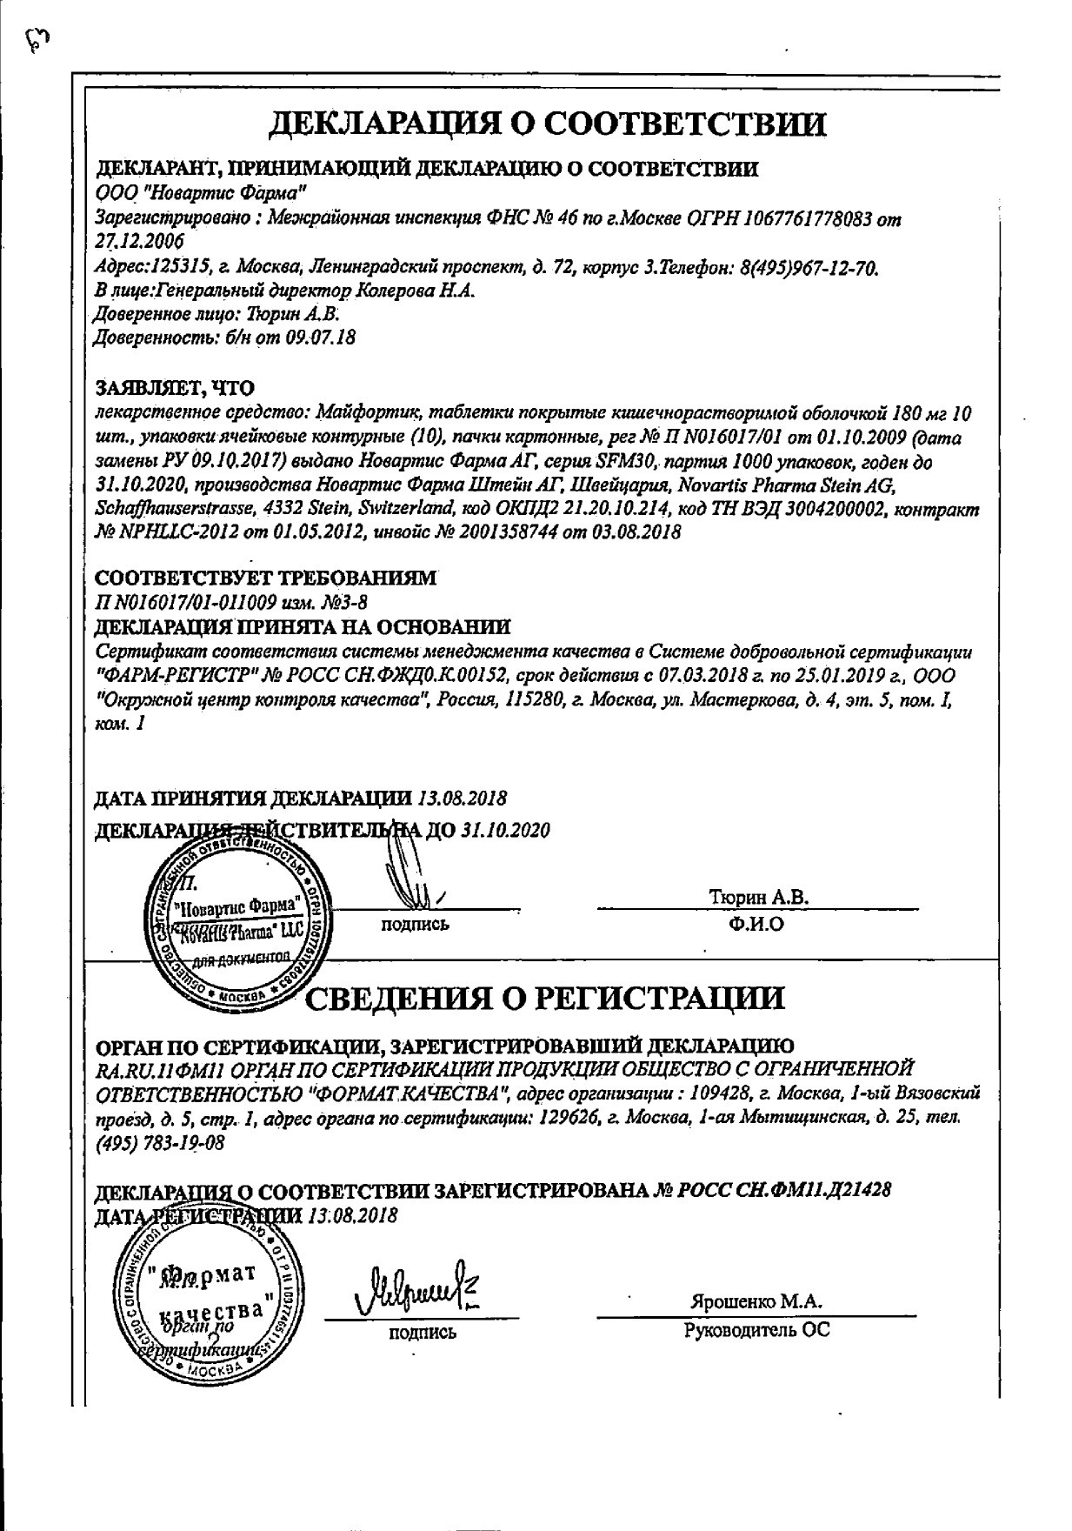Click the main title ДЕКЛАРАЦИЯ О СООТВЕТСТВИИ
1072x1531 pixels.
click(547, 124)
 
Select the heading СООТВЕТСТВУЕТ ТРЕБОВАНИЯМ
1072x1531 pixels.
click(264, 578)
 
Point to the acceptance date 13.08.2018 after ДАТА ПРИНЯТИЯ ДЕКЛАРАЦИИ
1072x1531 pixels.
click(463, 798)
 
